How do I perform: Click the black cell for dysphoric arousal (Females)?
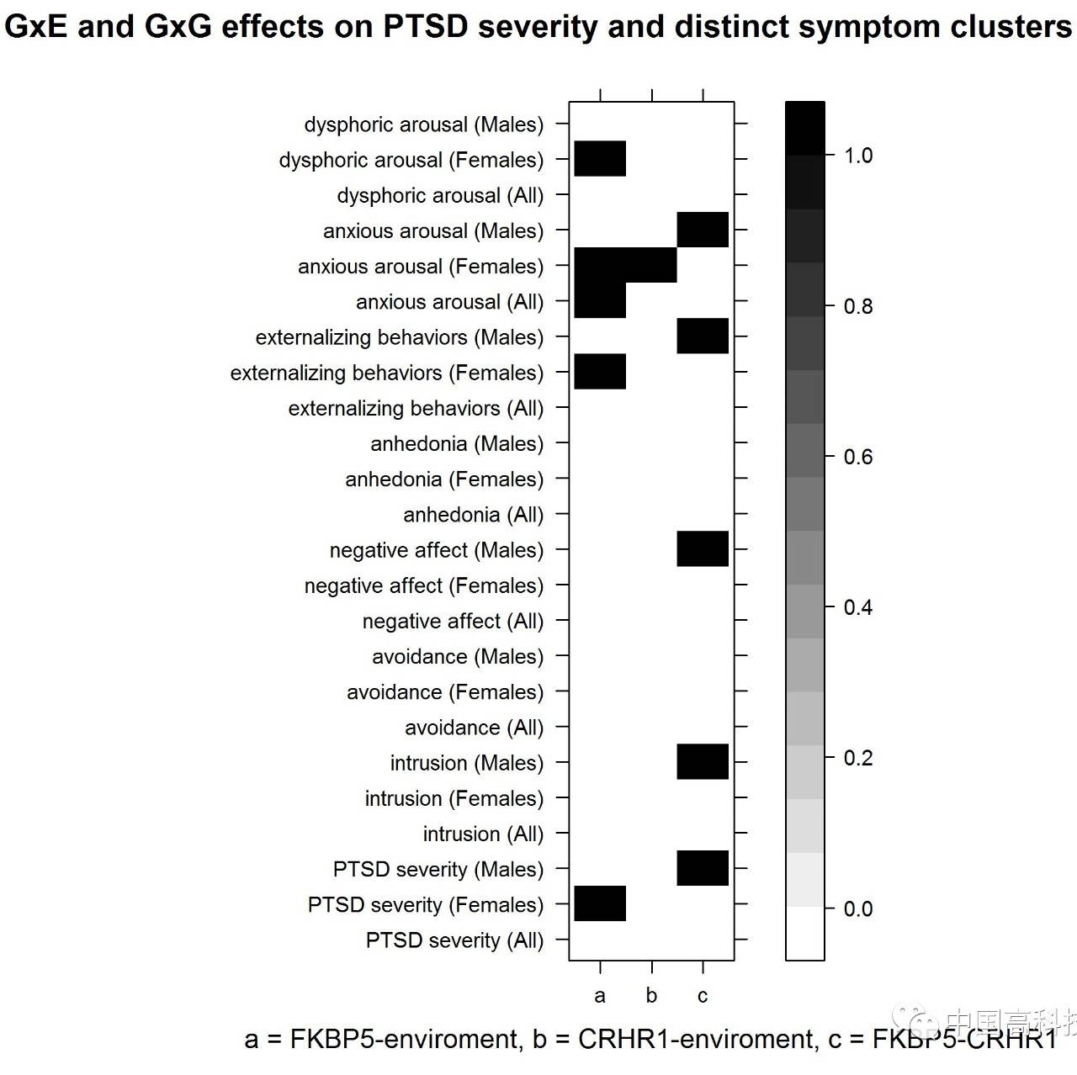[x=600, y=159]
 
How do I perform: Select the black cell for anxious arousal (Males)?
[x=703, y=230]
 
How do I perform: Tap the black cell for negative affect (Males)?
[x=703, y=548]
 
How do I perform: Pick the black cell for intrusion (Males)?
[x=703, y=761]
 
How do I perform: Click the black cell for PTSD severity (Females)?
[x=600, y=903]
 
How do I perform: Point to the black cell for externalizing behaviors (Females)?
[x=600, y=372]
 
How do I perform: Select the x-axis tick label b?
[x=651, y=996]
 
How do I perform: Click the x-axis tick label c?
[x=703, y=996]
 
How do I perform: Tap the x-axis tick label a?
[x=600, y=996]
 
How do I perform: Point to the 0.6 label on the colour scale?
[x=858, y=457]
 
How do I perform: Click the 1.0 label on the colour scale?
[x=858, y=156]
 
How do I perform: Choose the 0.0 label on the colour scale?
[x=858, y=908]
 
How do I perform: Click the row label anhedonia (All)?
[x=473, y=515]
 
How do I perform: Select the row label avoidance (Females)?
[x=445, y=692]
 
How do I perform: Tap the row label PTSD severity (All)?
[x=454, y=940]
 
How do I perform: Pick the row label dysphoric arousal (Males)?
[x=424, y=124]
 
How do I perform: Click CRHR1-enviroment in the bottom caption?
[x=697, y=1040]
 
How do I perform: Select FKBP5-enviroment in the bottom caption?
[x=404, y=1040]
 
